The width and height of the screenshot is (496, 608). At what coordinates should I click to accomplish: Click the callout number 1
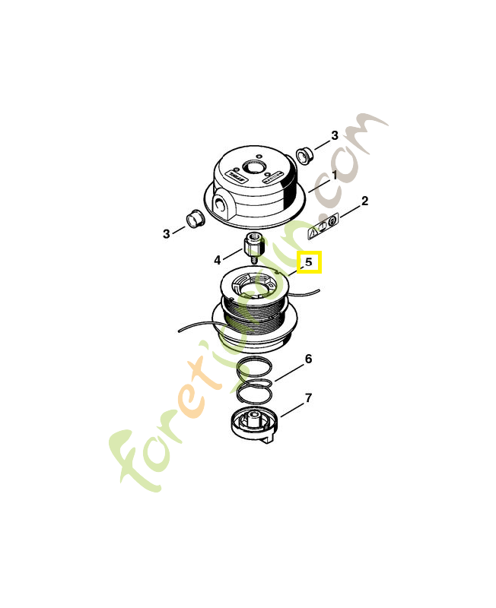click(x=333, y=174)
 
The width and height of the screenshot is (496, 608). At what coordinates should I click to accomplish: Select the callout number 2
click(x=364, y=201)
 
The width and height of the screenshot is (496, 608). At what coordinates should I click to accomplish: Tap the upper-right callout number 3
click(x=334, y=136)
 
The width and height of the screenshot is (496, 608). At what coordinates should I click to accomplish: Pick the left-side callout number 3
click(x=166, y=233)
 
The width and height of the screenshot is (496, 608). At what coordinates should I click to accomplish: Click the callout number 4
click(x=217, y=260)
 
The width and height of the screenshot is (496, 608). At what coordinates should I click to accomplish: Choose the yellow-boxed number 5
click(x=309, y=262)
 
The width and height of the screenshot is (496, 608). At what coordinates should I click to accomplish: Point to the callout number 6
click(x=308, y=359)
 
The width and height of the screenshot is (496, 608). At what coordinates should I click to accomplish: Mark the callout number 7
click(x=308, y=397)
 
